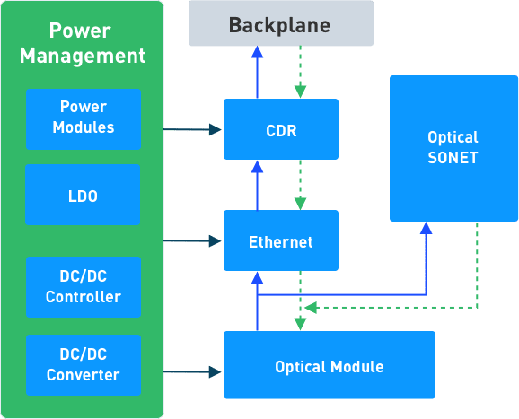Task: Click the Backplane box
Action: point(281,23)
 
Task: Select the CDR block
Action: point(281,129)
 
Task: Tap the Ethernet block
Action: point(281,240)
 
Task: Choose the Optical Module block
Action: point(330,365)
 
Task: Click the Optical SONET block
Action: point(453,148)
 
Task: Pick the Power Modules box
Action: point(84,119)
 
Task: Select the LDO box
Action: point(83,195)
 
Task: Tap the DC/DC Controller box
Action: point(84,287)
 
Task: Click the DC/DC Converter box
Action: point(84,365)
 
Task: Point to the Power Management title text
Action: point(83,43)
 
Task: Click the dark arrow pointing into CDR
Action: point(192,129)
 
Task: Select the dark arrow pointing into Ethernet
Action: point(192,240)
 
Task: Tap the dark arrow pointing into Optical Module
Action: point(192,372)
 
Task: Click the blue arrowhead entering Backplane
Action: point(257,52)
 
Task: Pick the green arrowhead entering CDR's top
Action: point(300,92)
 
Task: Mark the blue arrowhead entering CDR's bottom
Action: point(257,167)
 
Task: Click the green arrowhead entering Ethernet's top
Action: point(300,204)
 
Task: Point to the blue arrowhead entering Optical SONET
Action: point(427,228)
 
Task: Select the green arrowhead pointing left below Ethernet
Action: point(311,308)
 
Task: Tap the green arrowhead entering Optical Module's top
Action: point(300,324)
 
